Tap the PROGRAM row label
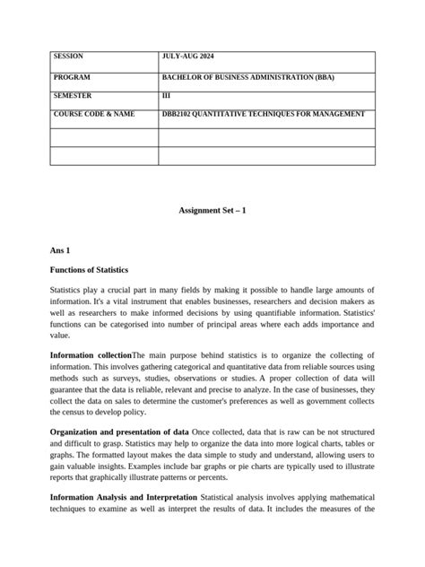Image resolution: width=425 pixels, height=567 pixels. coord(73,78)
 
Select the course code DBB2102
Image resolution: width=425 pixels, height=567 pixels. coord(181,114)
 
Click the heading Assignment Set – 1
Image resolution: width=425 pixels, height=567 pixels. coord(212,210)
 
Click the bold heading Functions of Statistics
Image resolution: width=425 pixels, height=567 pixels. coord(89,269)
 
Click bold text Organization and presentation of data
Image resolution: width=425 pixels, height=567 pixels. coord(119,432)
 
